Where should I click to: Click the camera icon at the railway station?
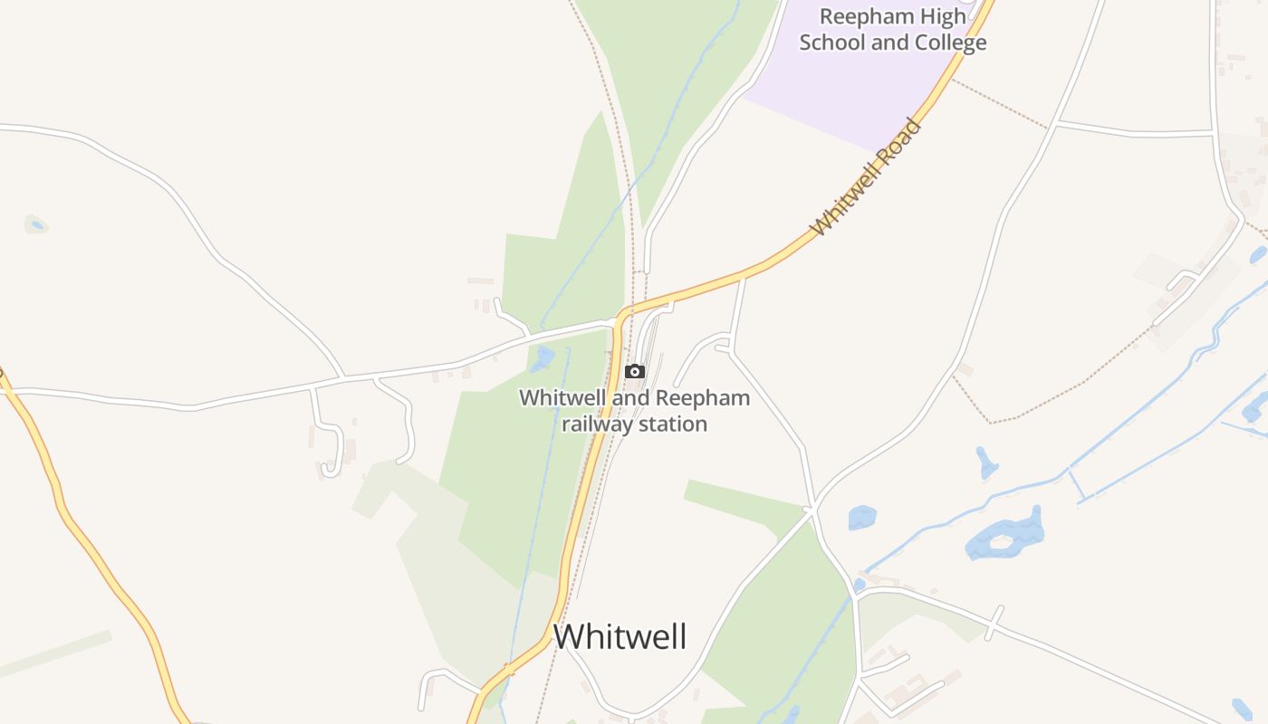click(x=635, y=371)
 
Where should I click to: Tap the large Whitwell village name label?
click(x=620, y=636)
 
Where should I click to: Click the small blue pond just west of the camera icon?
click(x=543, y=358)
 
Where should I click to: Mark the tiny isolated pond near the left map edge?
click(x=36, y=224)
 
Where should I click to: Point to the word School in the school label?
click(x=831, y=43)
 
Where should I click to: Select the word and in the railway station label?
click(x=633, y=398)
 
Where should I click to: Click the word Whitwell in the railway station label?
click(x=562, y=398)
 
